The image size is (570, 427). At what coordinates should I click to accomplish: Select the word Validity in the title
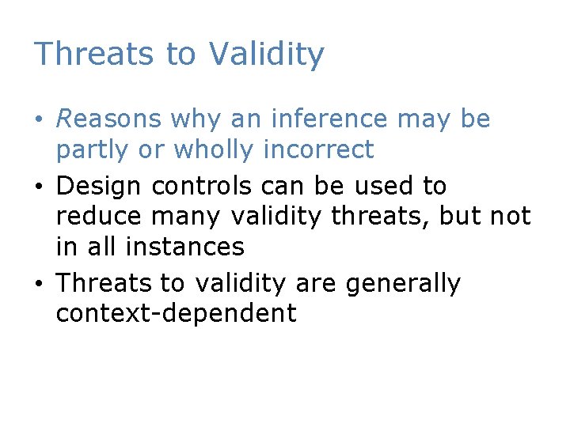pos(267,54)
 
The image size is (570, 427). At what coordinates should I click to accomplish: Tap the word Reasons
pos(108,119)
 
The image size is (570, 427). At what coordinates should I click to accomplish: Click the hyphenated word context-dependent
pos(176,313)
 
